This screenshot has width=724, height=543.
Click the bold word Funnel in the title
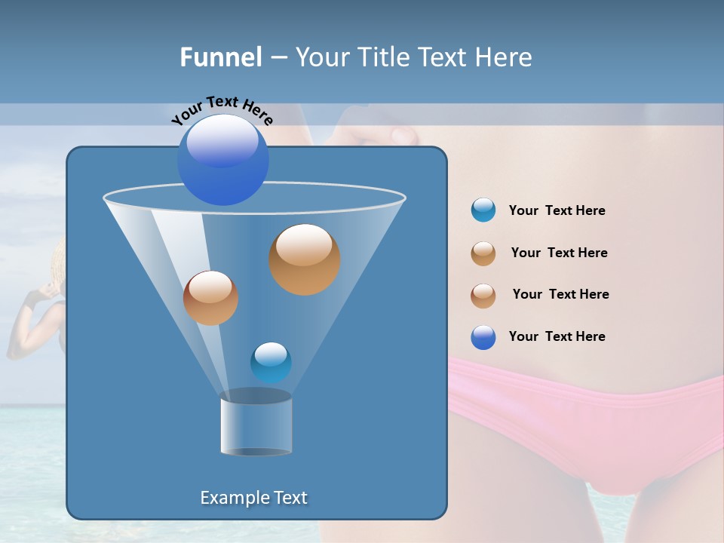(220, 57)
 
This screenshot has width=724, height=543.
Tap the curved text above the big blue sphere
(222, 110)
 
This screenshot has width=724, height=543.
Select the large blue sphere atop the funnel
(223, 159)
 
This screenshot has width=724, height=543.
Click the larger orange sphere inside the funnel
(305, 259)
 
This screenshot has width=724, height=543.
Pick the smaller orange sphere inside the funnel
(210, 298)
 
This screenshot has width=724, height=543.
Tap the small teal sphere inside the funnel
(271, 362)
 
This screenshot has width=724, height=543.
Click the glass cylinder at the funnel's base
(256, 425)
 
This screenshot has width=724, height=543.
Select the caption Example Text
(254, 498)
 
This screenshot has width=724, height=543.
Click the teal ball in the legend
(483, 210)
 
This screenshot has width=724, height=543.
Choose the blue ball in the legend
(483, 337)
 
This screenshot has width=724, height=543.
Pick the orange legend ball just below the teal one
(483, 253)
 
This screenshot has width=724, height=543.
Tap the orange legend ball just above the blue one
(483, 296)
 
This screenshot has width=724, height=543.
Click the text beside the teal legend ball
(557, 211)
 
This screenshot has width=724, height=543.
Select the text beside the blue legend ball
(557, 336)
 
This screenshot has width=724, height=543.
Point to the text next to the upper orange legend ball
(559, 253)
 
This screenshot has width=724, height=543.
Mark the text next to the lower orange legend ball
(560, 295)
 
